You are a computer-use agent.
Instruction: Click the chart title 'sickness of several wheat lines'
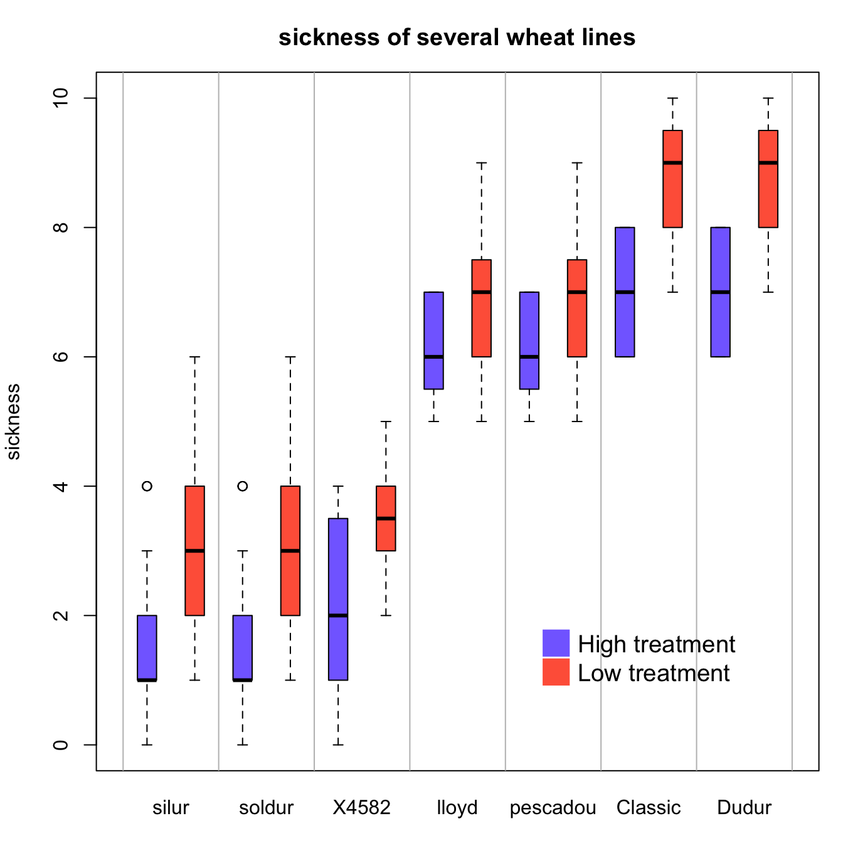click(x=457, y=38)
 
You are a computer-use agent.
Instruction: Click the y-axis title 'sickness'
click(x=13, y=422)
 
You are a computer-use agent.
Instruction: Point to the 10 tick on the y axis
click(x=61, y=98)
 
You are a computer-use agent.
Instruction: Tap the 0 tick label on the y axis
click(x=61, y=745)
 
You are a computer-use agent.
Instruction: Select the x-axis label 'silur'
click(x=171, y=808)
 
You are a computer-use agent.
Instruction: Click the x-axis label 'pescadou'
click(x=553, y=808)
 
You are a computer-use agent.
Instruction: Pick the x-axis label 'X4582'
click(x=361, y=808)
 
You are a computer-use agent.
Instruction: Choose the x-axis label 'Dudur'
click(x=744, y=808)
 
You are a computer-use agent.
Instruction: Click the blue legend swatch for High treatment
click(x=556, y=643)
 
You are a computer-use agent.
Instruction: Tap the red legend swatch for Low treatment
click(x=556, y=672)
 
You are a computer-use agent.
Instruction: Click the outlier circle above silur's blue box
click(x=147, y=486)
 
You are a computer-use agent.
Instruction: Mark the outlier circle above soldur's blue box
click(x=243, y=486)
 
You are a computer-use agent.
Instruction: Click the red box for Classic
click(x=672, y=188)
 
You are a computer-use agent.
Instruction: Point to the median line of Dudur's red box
click(x=768, y=162)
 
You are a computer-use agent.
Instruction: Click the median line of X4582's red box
click(x=386, y=518)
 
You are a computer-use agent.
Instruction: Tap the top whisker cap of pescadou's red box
click(x=577, y=163)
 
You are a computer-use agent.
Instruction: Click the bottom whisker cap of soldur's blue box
click(x=243, y=745)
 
